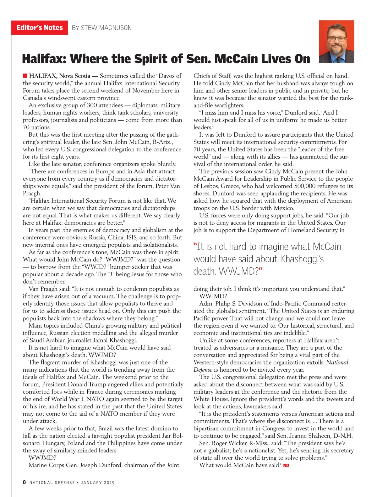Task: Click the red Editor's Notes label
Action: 40,28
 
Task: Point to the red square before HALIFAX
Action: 25,76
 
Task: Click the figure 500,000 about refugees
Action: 303,186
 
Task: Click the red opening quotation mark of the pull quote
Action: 195,246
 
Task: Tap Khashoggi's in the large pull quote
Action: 302,259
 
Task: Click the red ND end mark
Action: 286,465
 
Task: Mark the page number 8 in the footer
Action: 24,482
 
